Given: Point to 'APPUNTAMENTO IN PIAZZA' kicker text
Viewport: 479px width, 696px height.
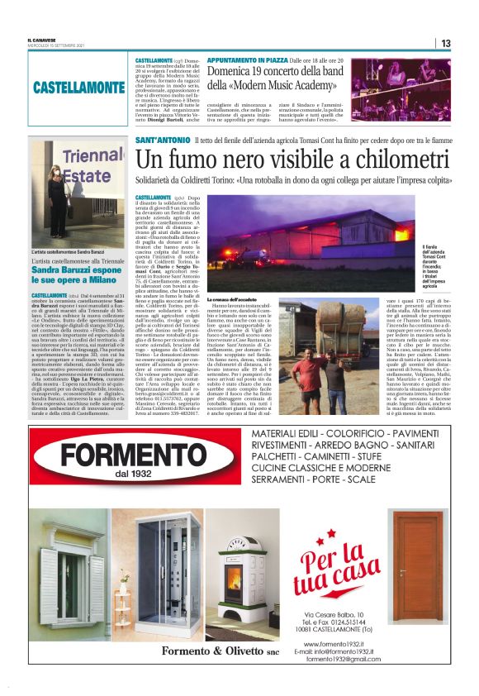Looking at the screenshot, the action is coord(247,61).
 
